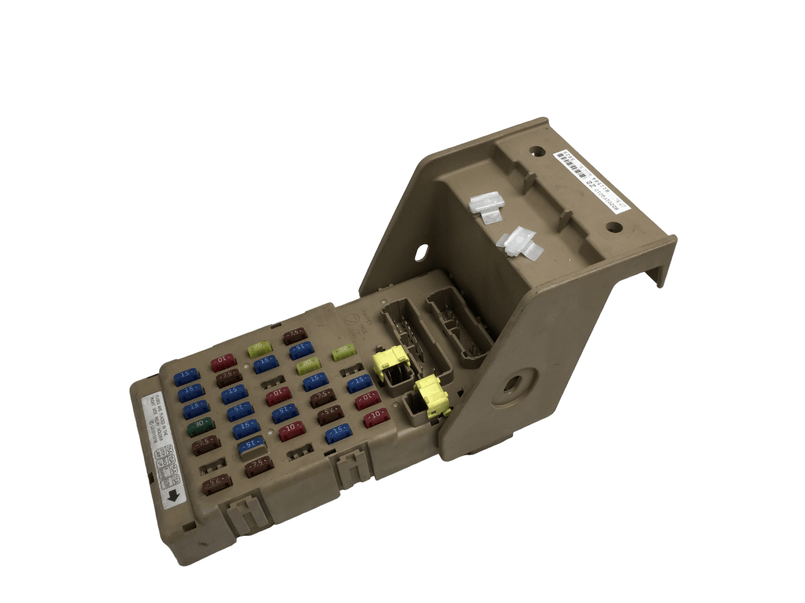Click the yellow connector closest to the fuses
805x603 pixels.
(x=388, y=364)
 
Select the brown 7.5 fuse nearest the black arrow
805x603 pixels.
(x=216, y=484)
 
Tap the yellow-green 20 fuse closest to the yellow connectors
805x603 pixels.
(x=343, y=352)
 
